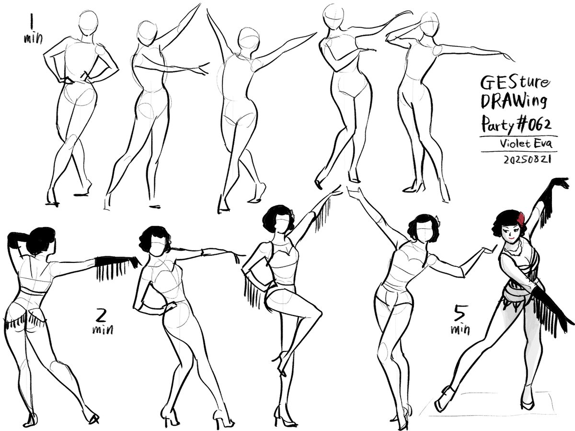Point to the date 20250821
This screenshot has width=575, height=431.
coord(525,160)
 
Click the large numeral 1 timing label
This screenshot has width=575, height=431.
coord(32,22)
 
